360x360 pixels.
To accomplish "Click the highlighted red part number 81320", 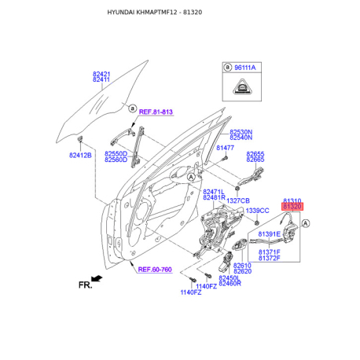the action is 292,207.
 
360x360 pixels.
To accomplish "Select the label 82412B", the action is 80,156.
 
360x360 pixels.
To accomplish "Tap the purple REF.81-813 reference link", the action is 156,112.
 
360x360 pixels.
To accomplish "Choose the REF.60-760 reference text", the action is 155,270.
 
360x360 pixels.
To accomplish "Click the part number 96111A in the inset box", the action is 245,68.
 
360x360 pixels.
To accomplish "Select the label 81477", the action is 225,148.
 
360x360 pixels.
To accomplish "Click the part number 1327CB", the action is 238,200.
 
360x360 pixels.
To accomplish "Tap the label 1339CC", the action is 257,211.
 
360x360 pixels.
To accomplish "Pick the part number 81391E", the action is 270,233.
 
